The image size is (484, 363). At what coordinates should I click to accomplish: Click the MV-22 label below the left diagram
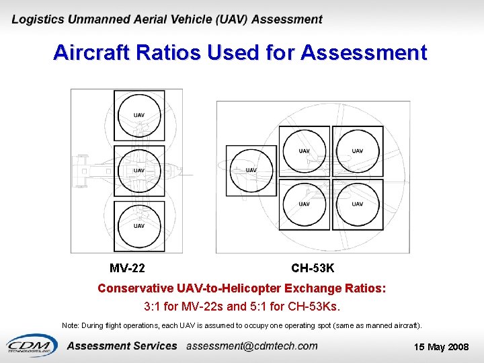coord(127,268)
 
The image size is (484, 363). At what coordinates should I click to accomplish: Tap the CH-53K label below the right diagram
coord(313,268)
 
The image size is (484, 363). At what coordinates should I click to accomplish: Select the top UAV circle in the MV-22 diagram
coord(139,115)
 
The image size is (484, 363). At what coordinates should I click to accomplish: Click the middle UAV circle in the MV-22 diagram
coord(139,170)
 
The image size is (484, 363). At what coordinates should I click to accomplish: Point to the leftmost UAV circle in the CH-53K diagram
coord(251,169)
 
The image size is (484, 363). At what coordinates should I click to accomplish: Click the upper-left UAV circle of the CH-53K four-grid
coord(304,151)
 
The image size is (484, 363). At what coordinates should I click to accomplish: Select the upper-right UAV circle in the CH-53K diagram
coord(358,151)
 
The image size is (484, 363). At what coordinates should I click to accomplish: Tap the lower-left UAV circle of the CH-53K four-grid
coord(304,204)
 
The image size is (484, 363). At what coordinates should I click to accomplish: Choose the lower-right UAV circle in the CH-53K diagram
coord(358,204)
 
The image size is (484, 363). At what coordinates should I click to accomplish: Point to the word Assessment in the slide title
coord(364,52)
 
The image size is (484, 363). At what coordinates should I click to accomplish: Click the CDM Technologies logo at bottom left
coord(32,344)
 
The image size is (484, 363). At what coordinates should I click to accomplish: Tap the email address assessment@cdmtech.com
coord(251,346)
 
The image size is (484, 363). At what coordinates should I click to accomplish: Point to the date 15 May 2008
coord(442,347)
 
